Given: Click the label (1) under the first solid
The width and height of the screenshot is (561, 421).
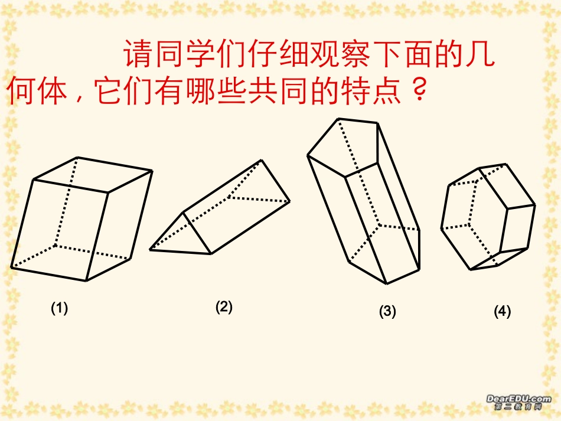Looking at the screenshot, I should [59, 308].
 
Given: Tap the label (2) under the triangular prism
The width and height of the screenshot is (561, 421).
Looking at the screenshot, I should [224, 306].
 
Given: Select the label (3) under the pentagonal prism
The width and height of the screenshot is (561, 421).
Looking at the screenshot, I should [387, 312].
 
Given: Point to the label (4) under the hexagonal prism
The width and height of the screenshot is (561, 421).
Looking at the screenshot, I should [502, 312].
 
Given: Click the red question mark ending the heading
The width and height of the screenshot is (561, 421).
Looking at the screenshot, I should [417, 92].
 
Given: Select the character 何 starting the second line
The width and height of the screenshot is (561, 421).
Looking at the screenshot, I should [22, 92].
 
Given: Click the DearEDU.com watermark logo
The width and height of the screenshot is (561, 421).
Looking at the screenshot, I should [518, 402].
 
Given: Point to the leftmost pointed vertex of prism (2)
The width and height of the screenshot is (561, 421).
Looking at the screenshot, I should [150, 250].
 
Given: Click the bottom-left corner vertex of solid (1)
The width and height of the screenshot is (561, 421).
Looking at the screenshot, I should [11, 267].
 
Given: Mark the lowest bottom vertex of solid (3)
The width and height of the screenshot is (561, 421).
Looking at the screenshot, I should [387, 283].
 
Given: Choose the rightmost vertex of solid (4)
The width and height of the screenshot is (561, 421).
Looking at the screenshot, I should [535, 205].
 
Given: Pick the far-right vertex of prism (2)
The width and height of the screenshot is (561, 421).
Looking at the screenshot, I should [290, 201].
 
